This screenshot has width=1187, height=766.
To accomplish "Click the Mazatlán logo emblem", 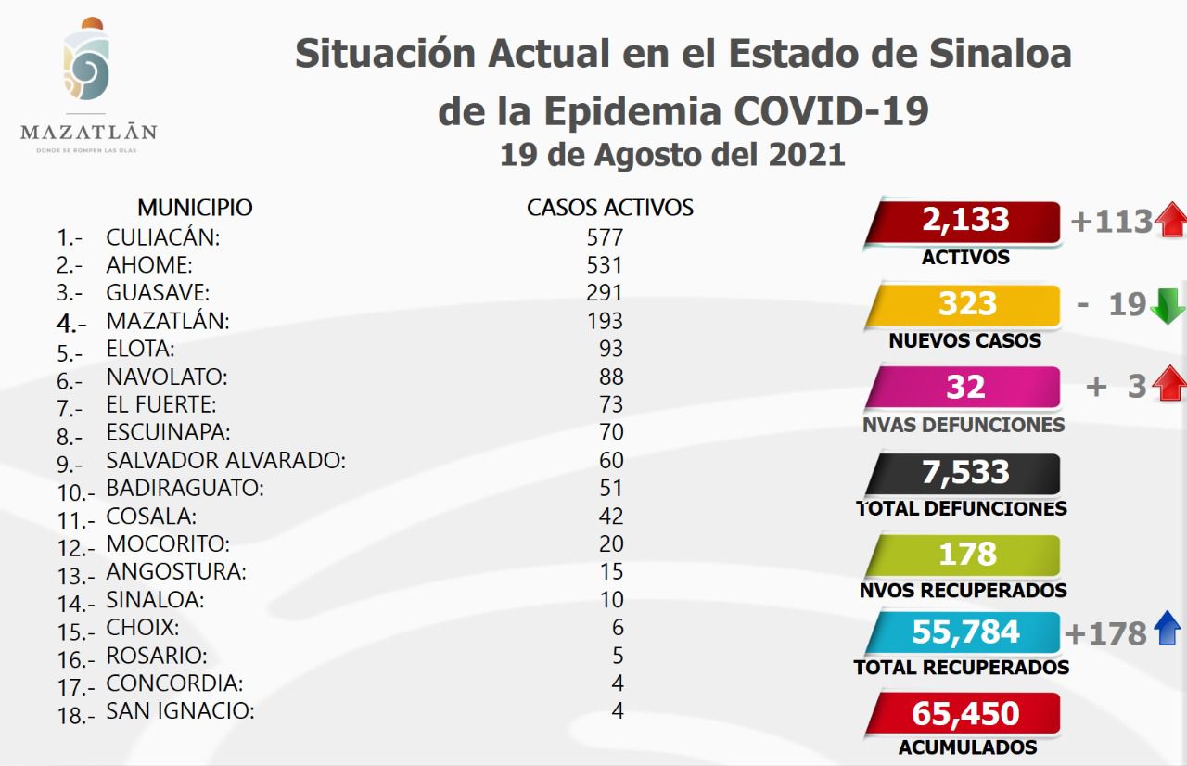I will [87, 61].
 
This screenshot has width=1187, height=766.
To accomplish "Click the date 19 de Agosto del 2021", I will [672, 153].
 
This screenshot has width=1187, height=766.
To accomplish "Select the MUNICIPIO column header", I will [195, 207].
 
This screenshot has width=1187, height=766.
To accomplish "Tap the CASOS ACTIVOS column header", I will [610, 207].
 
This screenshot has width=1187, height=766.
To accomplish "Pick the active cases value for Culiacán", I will [605, 237].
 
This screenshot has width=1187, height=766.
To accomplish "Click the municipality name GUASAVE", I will [158, 293].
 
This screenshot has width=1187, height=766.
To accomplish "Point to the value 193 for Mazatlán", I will [605, 321].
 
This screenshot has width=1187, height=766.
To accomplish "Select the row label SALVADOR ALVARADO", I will [225, 460].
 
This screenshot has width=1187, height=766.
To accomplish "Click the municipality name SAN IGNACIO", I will [180, 711].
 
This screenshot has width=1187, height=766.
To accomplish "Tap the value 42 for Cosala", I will [611, 516].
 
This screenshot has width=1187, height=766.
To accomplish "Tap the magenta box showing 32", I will [964, 387].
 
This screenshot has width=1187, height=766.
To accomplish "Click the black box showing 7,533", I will [964, 472].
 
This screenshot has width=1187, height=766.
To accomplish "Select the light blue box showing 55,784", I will [964, 632].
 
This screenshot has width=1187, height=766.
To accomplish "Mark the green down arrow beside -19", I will [1168, 305].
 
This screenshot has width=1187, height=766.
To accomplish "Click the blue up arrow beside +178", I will [1168, 631].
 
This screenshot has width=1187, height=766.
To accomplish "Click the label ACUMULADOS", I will [967, 747].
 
